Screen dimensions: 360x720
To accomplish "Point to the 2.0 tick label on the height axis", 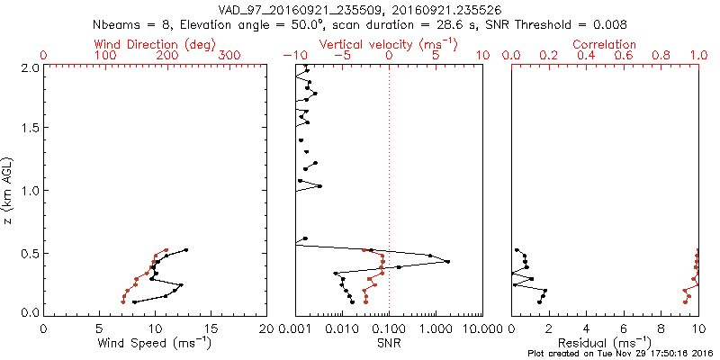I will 29,67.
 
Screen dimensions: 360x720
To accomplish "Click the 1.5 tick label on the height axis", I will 29,129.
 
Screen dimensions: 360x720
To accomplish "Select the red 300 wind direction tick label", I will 230,55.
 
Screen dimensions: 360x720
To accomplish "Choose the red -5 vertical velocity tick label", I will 342,55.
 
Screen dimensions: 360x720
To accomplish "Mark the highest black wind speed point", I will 186,250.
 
